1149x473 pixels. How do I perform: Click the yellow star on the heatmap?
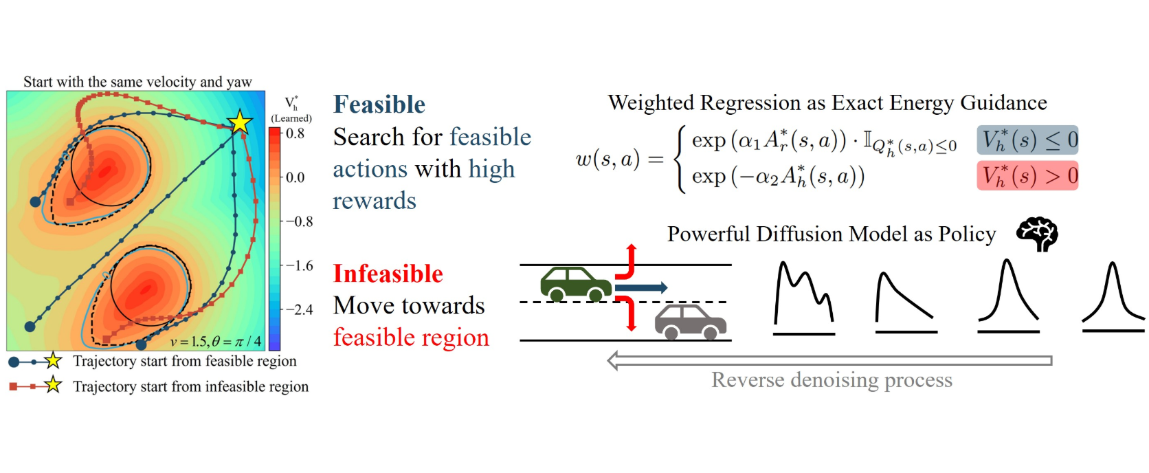[x=239, y=122]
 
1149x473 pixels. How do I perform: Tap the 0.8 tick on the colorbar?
[x=295, y=133]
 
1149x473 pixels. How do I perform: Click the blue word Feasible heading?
[x=379, y=104]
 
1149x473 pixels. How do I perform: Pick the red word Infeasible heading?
[x=388, y=274]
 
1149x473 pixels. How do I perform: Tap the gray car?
[x=690, y=321]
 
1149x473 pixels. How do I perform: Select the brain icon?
[x=1038, y=234]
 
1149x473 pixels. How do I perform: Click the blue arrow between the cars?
[x=641, y=287]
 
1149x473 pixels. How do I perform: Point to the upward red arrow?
[x=629, y=261]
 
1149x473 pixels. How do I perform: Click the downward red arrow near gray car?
[x=629, y=313]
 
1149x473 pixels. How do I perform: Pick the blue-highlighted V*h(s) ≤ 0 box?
[x=1027, y=140]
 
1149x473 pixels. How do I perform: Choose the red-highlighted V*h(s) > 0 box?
[x=1027, y=176]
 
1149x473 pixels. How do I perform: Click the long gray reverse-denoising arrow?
[x=829, y=360]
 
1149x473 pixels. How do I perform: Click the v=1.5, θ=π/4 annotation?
[x=216, y=341]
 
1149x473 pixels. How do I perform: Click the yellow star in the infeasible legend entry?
[x=53, y=386]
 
